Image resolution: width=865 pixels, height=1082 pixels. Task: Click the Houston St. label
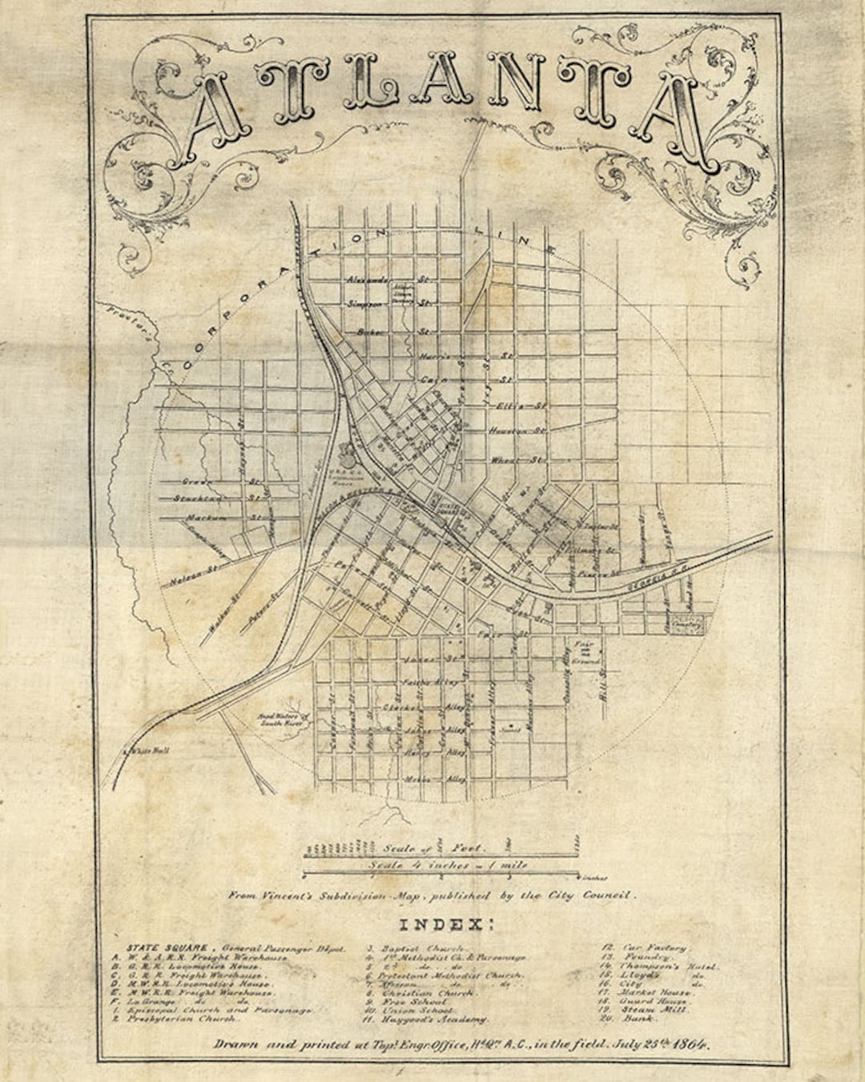click(517, 431)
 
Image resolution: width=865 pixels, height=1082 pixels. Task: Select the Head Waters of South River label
click(275, 720)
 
